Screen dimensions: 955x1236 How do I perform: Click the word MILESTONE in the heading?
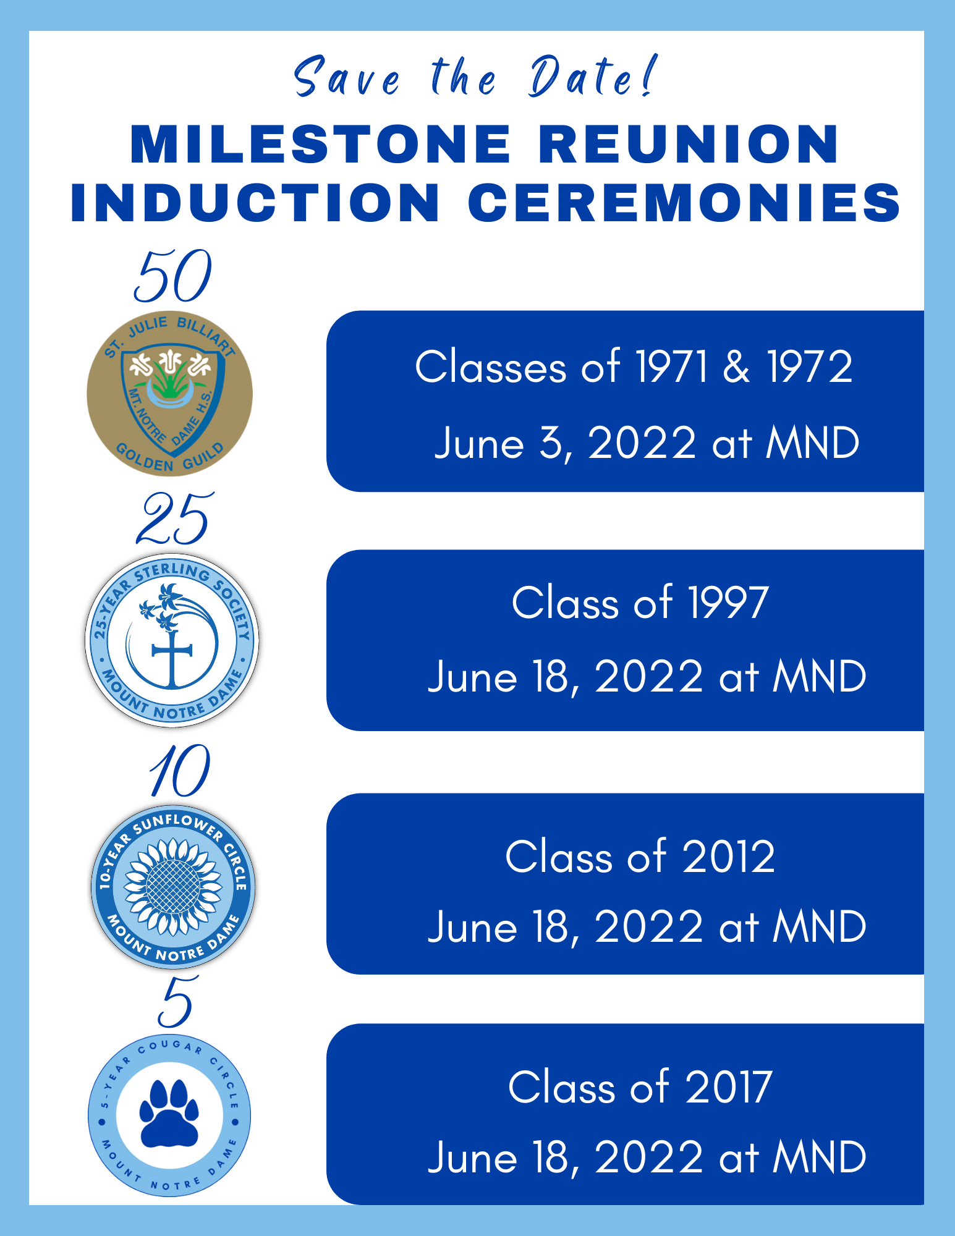tap(321, 144)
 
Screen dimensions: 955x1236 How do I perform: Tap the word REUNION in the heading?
tap(689, 144)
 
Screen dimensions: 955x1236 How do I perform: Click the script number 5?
tap(179, 1001)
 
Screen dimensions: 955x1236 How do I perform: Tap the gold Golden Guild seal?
tap(169, 394)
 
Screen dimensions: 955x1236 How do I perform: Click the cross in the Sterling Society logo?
tap(172, 656)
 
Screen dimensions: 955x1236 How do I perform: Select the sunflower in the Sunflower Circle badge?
tap(172, 887)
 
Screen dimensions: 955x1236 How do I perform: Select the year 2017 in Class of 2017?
tap(729, 1087)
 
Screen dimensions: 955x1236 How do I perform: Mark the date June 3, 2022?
tap(566, 444)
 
